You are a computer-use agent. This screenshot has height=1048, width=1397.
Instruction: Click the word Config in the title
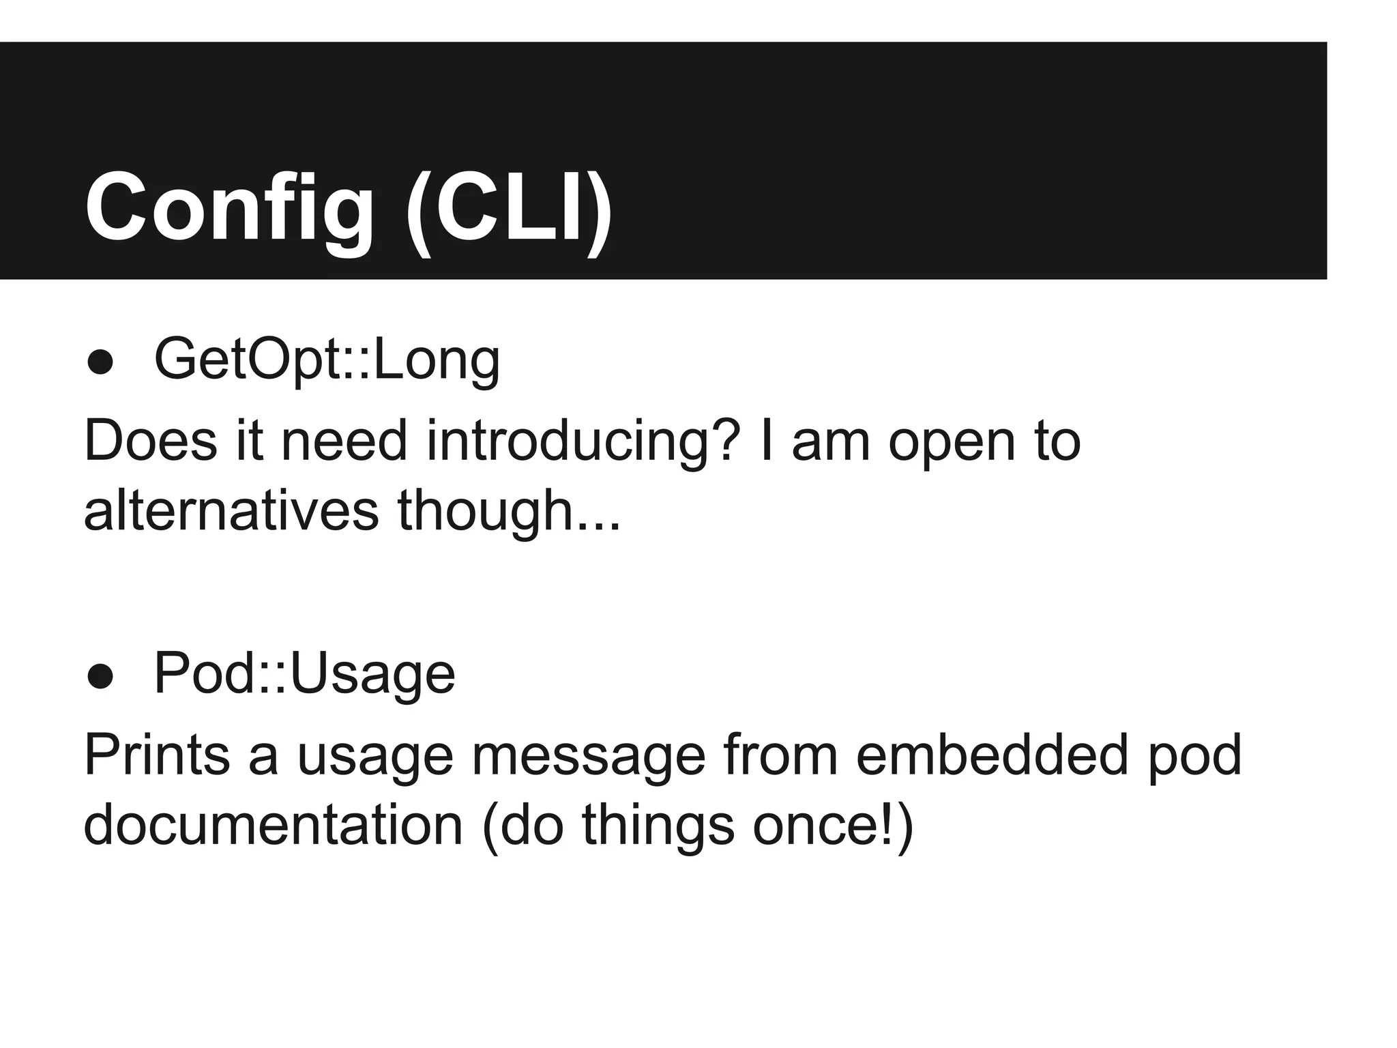click(229, 207)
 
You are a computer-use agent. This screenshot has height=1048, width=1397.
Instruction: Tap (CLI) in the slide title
click(509, 207)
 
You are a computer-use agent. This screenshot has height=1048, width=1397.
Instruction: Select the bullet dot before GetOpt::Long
click(100, 362)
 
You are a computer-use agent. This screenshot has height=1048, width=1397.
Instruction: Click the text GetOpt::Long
click(327, 360)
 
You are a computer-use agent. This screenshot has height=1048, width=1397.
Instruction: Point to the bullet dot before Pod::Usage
click(100, 676)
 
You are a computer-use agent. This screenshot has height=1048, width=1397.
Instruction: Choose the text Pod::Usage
click(304, 674)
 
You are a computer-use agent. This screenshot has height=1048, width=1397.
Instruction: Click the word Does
click(150, 441)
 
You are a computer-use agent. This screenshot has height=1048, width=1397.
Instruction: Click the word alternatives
click(231, 511)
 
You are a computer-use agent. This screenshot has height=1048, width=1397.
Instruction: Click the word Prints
click(157, 755)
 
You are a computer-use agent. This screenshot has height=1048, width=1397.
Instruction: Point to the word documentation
click(273, 825)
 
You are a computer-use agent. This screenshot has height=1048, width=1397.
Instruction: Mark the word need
click(344, 441)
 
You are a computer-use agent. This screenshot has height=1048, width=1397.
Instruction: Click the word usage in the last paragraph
click(375, 755)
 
